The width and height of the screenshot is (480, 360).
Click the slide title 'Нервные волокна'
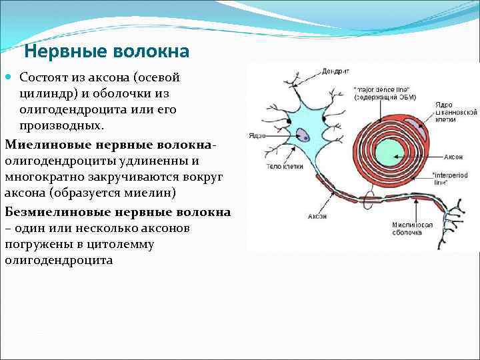tap(107, 51)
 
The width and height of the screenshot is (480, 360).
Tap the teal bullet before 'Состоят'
tap(9, 78)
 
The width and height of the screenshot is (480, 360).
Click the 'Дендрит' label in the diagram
tap(335, 71)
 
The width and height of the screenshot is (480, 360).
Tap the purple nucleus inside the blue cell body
tap(303, 135)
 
